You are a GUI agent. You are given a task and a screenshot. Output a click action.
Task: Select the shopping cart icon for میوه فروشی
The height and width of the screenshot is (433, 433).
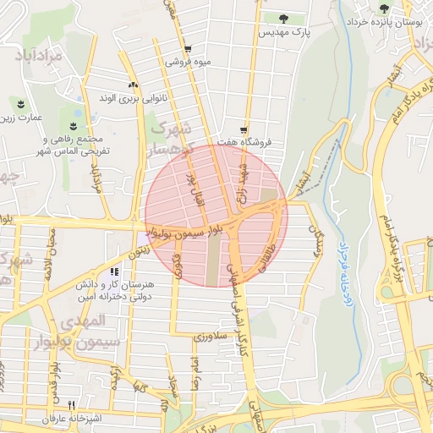[187, 49]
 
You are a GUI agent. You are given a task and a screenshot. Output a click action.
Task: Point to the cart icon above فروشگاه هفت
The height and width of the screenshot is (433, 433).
[244, 130]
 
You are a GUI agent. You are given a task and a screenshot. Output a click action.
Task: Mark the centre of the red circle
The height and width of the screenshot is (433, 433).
[216, 216]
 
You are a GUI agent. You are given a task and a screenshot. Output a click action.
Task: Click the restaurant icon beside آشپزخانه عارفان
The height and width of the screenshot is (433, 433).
[72, 405]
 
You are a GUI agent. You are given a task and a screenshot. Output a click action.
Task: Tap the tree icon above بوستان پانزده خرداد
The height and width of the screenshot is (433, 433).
[385, 8]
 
